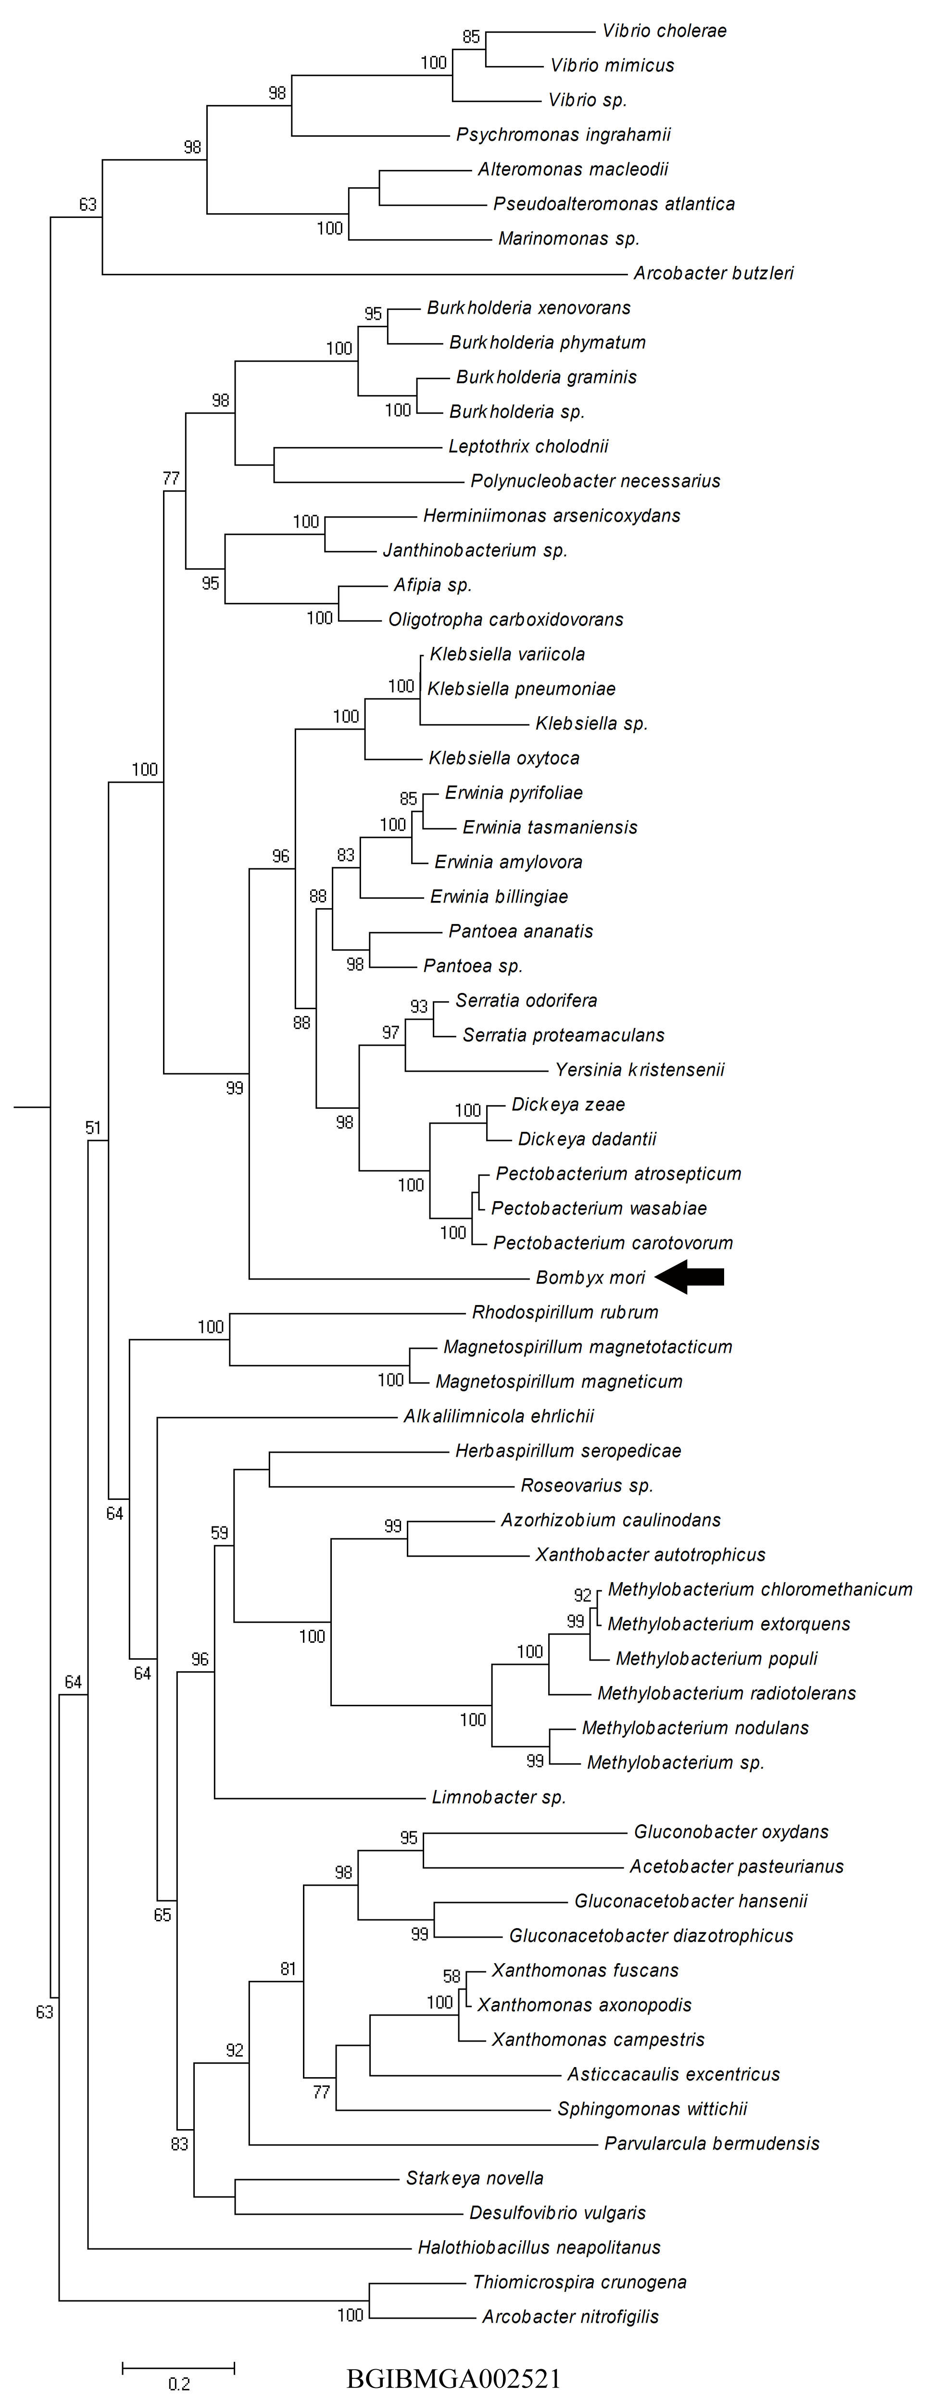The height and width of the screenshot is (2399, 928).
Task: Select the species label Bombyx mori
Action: pos(590,1278)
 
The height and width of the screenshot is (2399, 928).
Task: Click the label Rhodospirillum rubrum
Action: pos(565,1312)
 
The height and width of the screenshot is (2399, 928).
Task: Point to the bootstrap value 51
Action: pos(93,1128)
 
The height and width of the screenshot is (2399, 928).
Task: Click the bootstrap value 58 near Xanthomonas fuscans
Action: pos(451,1976)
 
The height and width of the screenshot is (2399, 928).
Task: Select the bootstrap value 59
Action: pos(220,1532)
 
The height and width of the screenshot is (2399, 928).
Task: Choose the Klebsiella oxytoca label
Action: pos(504,758)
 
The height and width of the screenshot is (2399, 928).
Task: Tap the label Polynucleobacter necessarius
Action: pos(596,482)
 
